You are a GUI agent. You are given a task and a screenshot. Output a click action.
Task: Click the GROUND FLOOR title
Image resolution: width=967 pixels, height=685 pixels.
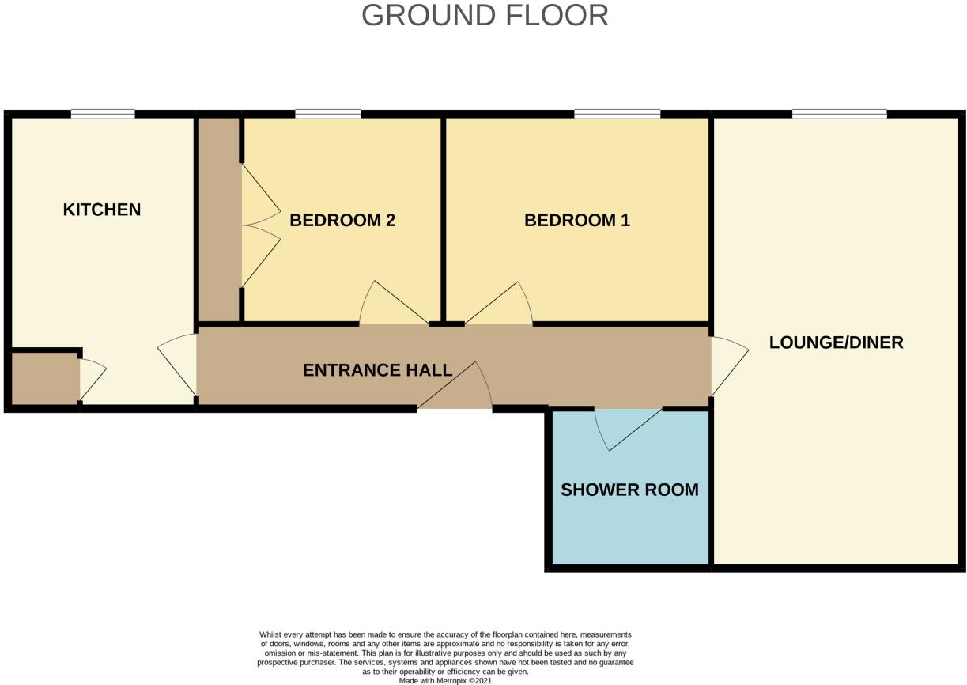(485, 16)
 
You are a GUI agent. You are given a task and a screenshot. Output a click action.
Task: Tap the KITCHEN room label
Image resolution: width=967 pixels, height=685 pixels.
(102, 210)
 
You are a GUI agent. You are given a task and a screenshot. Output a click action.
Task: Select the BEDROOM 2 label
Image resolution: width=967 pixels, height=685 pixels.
(342, 220)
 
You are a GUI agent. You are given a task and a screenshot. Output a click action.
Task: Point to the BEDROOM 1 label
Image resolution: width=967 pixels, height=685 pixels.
(577, 220)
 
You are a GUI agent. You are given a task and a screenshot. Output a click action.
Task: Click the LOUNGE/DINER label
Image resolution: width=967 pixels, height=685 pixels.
(836, 342)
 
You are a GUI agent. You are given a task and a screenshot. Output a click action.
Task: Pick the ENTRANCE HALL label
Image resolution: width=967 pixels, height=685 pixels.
(377, 370)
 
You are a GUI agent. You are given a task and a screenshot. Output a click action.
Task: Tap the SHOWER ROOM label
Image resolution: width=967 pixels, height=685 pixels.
(629, 490)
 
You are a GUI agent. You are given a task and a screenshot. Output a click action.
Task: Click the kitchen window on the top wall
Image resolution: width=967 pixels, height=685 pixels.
(103, 115)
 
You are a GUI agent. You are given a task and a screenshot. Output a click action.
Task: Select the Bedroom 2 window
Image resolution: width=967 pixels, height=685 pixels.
(328, 115)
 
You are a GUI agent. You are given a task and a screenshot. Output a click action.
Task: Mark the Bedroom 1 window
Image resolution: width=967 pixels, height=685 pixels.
(618, 115)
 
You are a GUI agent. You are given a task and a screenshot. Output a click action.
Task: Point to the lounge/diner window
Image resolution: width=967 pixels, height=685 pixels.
(839, 115)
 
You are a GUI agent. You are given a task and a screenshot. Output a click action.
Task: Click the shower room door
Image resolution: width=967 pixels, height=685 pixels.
(629, 427)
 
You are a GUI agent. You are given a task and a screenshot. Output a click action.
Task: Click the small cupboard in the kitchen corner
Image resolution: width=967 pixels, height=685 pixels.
(44, 380)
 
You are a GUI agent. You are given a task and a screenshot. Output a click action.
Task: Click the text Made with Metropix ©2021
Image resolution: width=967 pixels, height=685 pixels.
(445, 680)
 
